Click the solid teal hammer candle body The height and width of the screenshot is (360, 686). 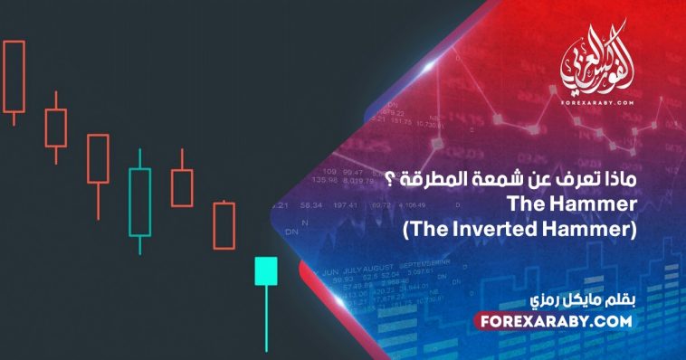click(265, 270)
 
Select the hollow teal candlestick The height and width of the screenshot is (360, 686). click(139, 201)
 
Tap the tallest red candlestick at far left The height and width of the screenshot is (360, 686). click(13, 76)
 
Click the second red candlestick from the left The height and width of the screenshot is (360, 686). click(56, 128)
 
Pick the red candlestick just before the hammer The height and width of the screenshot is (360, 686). click(224, 225)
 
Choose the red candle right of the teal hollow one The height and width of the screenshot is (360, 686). click(182, 187)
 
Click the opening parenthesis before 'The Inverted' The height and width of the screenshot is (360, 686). click(405, 230)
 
